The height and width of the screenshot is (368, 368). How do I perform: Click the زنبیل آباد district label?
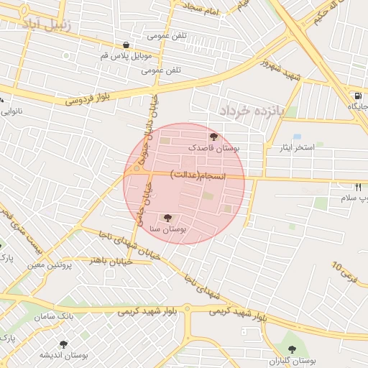coord(48,26)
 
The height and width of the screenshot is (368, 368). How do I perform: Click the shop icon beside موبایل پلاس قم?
coord(126,45)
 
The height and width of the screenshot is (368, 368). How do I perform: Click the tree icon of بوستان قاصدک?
coord(213,136)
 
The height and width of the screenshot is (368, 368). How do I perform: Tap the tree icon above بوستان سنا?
coord(168,216)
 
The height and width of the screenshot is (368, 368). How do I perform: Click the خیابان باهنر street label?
coord(108,257)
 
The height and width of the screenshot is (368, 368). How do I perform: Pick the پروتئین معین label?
coord(50,264)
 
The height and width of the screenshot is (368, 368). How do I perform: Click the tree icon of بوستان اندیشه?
coord(63,344)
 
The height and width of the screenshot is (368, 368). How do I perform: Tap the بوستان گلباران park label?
coord(295,360)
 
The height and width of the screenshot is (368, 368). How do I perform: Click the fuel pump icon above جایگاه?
coord(357,96)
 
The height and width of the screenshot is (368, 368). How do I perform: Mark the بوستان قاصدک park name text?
coord(213,147)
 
